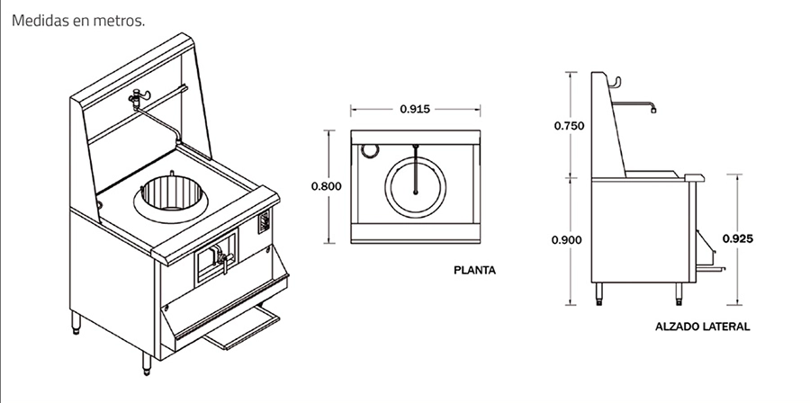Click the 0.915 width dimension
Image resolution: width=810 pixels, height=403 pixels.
[x=414, y=110]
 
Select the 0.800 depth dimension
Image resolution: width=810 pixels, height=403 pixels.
[x=326, y=186]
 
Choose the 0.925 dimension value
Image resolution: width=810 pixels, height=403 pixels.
[x=738, y=239]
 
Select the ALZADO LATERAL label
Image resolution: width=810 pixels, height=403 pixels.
[x=703, y=327]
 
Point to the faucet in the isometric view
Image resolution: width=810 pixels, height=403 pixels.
[x=139, y=98]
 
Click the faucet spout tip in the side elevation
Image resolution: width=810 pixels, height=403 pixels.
[x=654, y=112]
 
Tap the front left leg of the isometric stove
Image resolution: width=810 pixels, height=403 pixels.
[x=148, y=362]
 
